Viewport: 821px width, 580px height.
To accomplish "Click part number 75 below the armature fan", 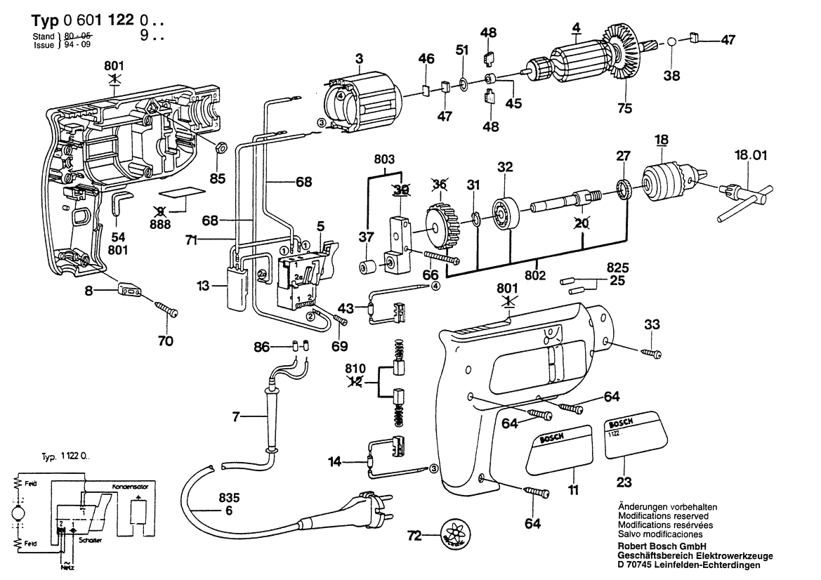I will click(x=624, y=109).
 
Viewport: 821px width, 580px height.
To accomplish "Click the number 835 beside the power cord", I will click(x=229, y=498).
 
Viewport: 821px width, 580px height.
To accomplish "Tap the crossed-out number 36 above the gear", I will click(x=440, y=185).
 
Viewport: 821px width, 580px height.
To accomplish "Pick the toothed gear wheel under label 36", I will click(x=441, y=227).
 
